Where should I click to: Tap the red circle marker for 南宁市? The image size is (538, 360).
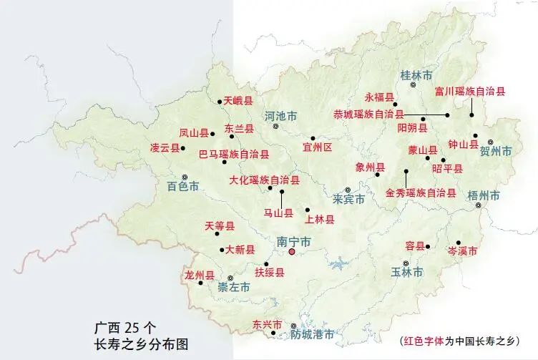[x=292, y=252]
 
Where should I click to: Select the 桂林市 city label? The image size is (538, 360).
[x=416, y=74]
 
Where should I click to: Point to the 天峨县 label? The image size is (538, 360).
[x=238, y=102]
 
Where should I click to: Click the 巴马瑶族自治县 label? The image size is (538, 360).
[x=234, y=154]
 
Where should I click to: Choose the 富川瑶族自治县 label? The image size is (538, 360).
[x=470, y=92]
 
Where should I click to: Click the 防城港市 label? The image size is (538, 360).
[x=313, y=334]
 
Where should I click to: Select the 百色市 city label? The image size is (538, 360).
[x=183, y=188]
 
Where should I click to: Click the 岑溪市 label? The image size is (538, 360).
[x=462, y=252]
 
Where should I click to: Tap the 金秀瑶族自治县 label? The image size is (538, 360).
[x=420, y=193]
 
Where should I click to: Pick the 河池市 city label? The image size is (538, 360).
[x=280, y=116]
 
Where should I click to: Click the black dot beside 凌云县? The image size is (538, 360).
[x=183, y=148]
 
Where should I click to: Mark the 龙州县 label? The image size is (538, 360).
[x=200, y=275]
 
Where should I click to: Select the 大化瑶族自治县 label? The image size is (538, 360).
[x=264, y=180]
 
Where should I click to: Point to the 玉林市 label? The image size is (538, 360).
[x=406, y=273]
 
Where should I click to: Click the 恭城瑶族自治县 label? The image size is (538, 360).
[x=368, y=114]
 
